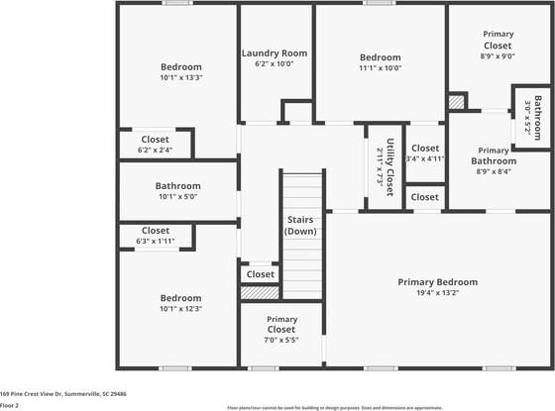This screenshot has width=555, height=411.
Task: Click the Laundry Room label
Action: pyautogui.click(x=275, y=52)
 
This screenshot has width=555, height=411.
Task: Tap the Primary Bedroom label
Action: pyautogui.click(x=437, y=281)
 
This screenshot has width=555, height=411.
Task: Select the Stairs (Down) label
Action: pyautogui.click(x=300, y=225)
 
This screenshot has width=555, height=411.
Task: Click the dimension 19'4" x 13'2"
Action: pyautogui.click(x=437, y=293)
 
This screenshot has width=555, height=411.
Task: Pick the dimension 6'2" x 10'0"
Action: pyautogui.click(x=275, y=64)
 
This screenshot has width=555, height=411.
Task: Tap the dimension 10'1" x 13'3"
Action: pyautogui.click(x=181, y=77)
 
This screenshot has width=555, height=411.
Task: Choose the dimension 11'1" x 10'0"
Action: pyautogui.click(x=380, y=68)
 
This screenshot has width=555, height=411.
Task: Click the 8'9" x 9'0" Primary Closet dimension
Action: pyautogui.click(x=498, y=57)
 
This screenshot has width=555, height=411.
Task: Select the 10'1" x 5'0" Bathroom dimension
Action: pyautogui.click(x=178, y=196)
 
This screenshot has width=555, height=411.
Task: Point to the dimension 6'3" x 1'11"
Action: pyautogui.click(x=156, y=241)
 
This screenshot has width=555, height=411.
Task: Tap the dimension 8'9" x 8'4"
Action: pyautogui.click(x=494, y=171)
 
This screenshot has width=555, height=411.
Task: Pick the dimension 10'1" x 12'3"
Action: pyautogui.click(x=181, y=308)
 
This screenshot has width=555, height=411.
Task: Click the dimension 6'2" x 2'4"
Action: pyautogui.click(x=155, y=151)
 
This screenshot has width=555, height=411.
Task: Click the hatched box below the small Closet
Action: pyautogui.click(x=260, y=293)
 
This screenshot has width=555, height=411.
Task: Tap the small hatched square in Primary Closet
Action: pyautogui.click(x=456, y=100)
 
